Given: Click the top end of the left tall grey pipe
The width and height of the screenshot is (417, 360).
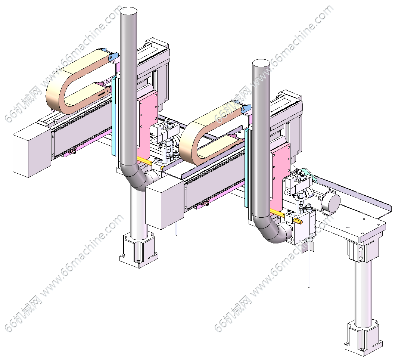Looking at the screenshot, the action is point(128,11).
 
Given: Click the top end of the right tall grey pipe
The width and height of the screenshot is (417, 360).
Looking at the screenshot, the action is point(261,63).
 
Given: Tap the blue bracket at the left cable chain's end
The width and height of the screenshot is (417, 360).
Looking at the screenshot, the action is point(113,56).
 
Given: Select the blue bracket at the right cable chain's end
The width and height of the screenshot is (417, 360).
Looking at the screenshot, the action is point(246,108).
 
